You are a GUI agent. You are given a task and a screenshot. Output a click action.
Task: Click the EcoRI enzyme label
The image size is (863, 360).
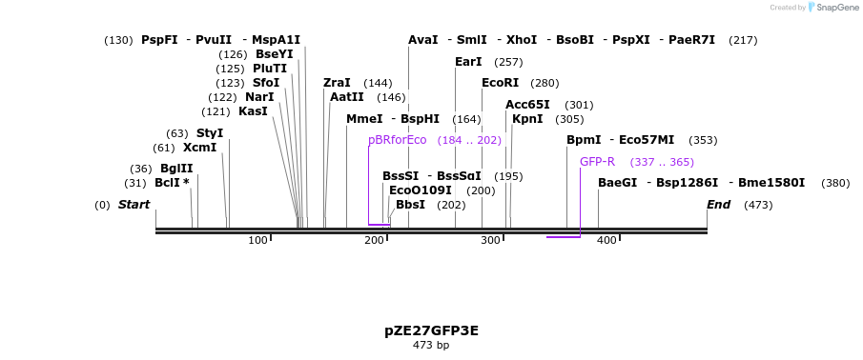coord(500,83)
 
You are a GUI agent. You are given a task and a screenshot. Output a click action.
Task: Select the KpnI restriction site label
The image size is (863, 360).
coord(527,119)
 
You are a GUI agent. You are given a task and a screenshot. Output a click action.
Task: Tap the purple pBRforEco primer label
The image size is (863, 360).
coord(397,140)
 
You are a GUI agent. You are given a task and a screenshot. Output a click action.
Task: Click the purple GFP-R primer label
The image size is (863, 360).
coord(597,162)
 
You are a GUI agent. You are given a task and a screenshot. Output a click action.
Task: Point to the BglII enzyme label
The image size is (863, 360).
coord(176,169)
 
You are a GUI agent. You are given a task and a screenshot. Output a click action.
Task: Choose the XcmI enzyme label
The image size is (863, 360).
coord(199,148)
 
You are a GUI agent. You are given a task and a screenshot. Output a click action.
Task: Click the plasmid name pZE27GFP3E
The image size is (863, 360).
coord(431,330)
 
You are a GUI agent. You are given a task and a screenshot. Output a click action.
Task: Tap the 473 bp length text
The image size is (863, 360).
coord(431,345)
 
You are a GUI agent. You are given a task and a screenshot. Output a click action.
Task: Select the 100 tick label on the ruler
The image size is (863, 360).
coord(257,240)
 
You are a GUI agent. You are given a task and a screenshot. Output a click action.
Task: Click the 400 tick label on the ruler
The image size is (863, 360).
coord(606,240)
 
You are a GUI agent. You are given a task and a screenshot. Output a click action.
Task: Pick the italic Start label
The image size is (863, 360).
coord(134,205)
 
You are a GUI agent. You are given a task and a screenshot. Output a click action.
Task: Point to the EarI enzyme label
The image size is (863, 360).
coord(468,62)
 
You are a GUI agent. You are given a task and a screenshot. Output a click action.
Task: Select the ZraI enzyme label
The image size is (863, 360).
coord(337,83)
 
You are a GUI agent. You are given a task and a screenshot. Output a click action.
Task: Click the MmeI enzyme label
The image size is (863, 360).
coord(364,119)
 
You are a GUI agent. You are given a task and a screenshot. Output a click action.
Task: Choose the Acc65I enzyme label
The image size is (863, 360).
coord(527,105)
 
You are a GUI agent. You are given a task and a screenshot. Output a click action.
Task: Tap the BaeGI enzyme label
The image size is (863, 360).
coord(617,183)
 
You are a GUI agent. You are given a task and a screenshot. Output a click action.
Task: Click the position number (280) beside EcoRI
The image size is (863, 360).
coord(545,84)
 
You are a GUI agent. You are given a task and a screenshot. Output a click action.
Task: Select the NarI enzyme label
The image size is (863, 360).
coord(259,97)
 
